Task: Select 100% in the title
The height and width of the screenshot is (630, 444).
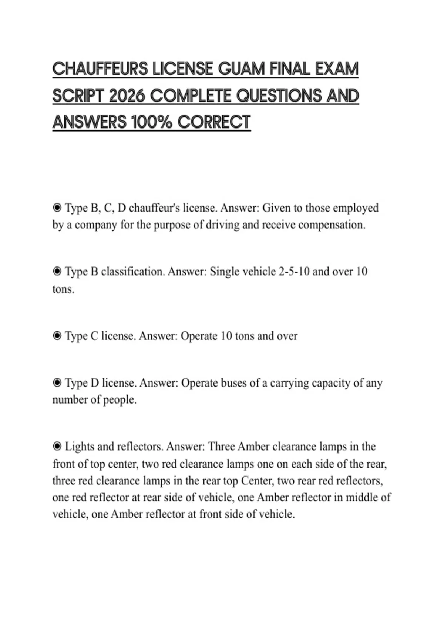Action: click(151, 122)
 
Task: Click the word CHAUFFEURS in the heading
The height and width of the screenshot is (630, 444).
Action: click(100, 69)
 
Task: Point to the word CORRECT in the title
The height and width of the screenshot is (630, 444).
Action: click(214, 122)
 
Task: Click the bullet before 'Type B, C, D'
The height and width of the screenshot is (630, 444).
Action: click(57, 208)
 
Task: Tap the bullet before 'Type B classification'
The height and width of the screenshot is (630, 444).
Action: click(57, 272)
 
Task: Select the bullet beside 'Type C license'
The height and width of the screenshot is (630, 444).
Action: click(57, 336)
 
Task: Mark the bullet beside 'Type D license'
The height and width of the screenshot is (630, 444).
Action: click(57, 382)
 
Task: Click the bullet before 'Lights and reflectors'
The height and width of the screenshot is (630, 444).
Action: click(57, 447)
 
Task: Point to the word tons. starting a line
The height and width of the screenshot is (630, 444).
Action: click(63, 289)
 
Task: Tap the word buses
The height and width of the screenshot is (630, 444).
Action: click(233, 382)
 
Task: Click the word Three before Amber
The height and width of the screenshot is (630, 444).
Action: click(222, 447)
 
